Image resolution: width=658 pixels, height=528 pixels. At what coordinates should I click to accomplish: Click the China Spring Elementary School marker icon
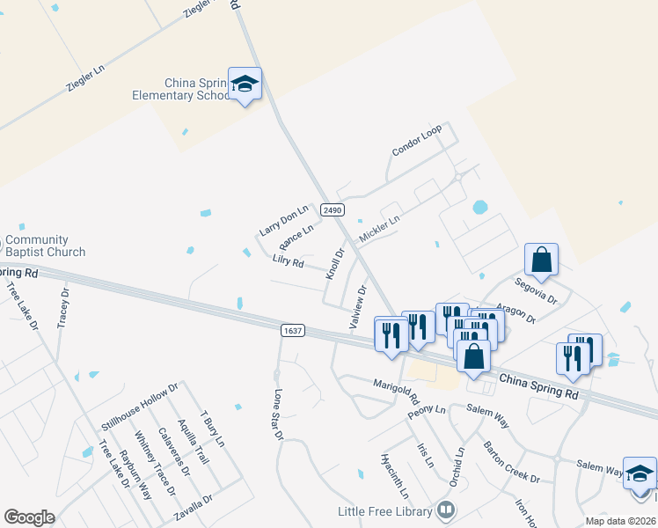click(x=245, y=84)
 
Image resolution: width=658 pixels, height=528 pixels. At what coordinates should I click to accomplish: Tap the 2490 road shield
click(x=332, y=209)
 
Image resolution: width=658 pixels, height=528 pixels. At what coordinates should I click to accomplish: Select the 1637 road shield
click(x=293, y=331)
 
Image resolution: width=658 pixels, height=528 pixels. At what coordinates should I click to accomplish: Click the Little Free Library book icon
click(x=446, y=510)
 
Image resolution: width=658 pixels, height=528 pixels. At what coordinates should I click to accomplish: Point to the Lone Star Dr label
click(x=279, y=414)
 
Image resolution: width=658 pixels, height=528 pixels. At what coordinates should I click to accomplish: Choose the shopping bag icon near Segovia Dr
click(x=541, y=260)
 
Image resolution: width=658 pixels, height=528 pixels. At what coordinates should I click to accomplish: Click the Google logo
click(x=29, y=517)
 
